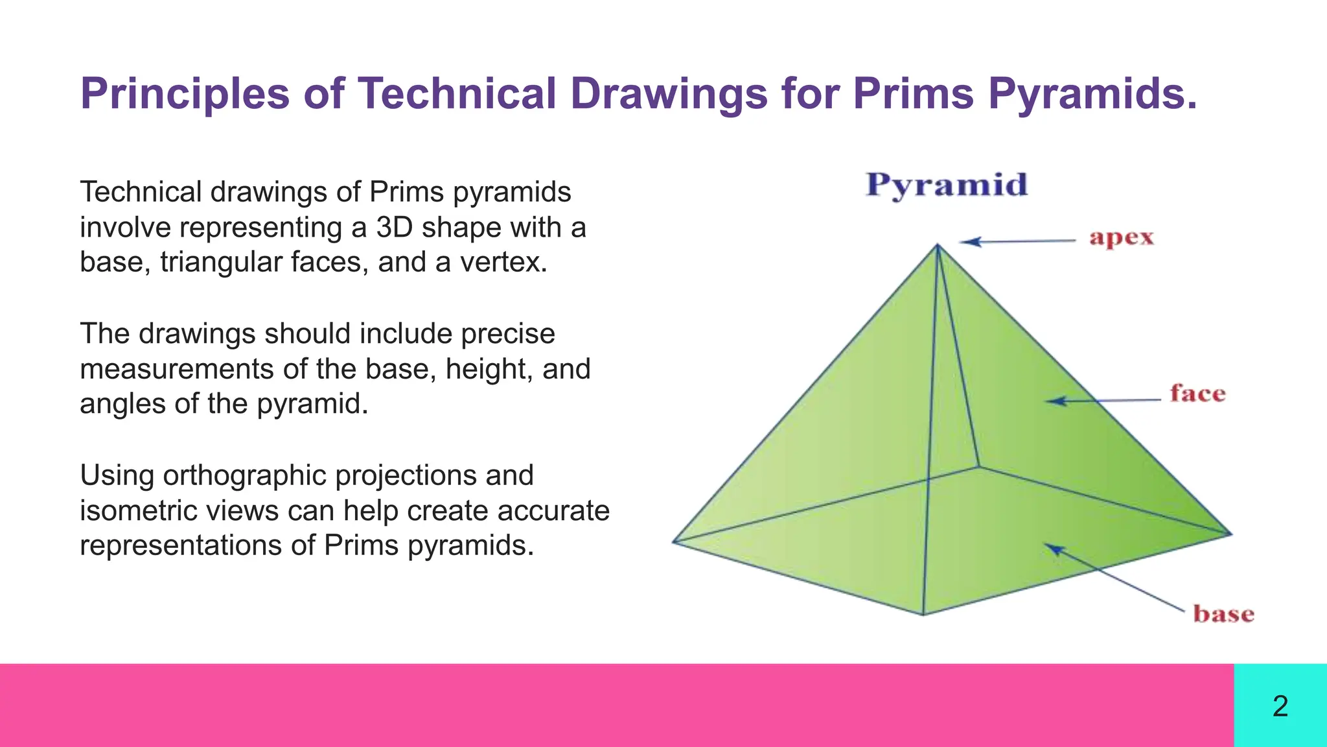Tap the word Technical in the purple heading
[x=457, y=94]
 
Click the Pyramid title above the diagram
[x=947, y=185]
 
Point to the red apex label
[x=1122, y=237]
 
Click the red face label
[x=1197, y=394]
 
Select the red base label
[x=1223, y=613]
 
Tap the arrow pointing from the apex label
[x=1017, y=241]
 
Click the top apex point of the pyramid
[x=938, y=244]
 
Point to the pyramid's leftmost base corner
[x=673, y=541]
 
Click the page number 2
[x=1280, y=705]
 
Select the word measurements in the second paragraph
[x=177, y=369]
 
